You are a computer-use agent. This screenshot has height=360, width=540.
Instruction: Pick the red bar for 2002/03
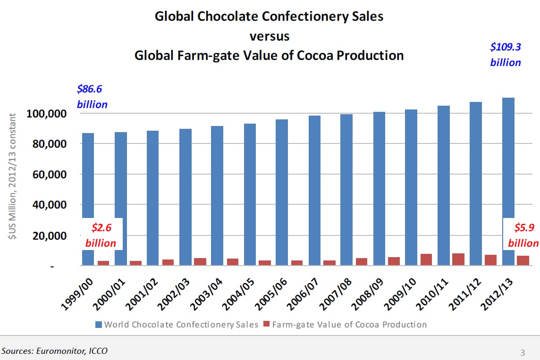pos(200,261)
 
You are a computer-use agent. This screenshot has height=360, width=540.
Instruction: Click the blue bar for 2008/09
pos(379,188)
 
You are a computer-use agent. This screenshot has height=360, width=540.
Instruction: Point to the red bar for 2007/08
pos(362,261)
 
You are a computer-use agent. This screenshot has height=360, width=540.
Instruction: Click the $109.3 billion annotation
pos(506,55)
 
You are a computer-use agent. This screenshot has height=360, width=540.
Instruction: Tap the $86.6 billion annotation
pos(92,97)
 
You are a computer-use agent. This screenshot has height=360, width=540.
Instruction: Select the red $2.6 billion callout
pos(101,235)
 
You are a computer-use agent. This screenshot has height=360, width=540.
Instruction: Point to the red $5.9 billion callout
pos(523,235)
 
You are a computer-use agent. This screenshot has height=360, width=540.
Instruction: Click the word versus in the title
pos(269,36)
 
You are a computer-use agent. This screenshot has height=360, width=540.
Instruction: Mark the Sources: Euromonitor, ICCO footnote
pos(54,351)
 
